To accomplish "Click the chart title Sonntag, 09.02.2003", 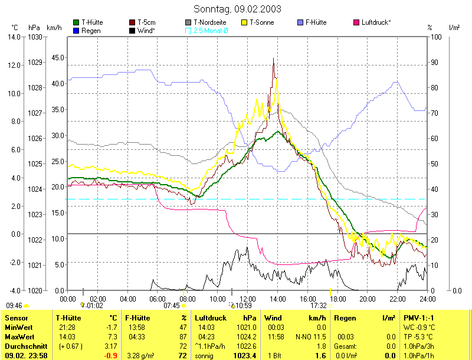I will point(237,9).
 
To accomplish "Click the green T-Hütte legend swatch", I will point(76,22).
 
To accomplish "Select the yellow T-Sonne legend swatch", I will point(245,22).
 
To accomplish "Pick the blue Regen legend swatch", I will point(76,30).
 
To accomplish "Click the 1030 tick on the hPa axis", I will point(35,37).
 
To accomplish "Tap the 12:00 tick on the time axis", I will point(248,299).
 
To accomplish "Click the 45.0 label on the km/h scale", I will point(57,58).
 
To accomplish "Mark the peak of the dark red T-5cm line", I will point(273,59).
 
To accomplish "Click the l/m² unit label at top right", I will point(454,28).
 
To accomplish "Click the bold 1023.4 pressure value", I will point(245,356).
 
